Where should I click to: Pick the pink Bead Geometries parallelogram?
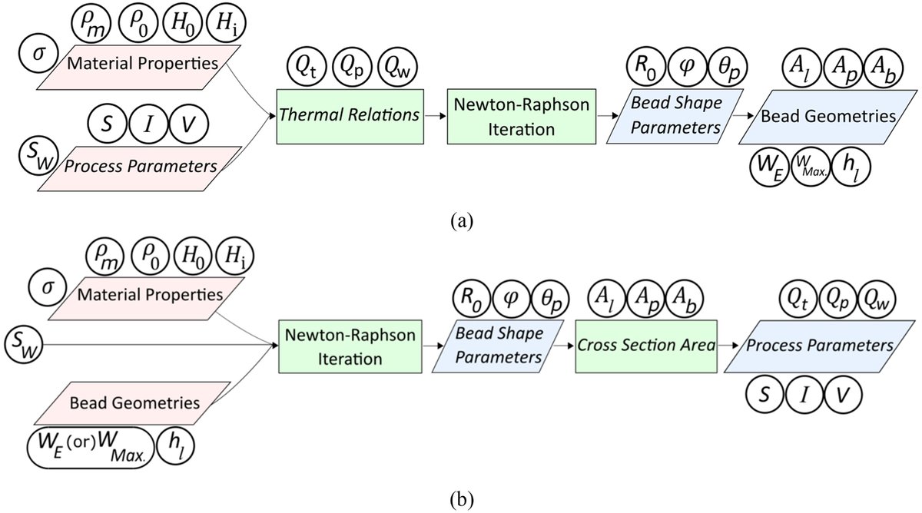[x=155, y=402]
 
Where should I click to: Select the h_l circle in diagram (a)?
[x=853, y=167]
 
